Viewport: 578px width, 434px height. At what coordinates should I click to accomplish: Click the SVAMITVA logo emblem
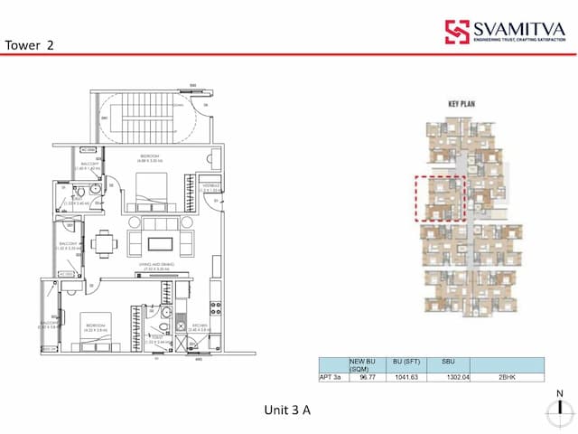(x=456, y=32)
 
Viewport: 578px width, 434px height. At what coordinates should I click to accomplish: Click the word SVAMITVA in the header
(x=517, y=30)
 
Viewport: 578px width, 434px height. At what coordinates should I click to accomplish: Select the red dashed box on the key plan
(x=438, y=197)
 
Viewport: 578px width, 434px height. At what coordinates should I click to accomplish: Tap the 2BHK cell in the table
(x=507, y=376)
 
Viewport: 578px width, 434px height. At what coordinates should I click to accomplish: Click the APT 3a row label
(x=331, y=376)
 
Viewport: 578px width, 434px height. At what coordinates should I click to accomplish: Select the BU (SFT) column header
(x=403, y=362)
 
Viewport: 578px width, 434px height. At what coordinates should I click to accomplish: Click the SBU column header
(x=448, y=362)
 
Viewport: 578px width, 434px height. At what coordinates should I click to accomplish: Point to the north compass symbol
(x=561, y=411)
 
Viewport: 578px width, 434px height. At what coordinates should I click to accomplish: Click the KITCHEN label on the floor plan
(x=201, y=328)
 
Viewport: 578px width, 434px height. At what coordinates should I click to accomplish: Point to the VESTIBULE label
(x=212, y=188)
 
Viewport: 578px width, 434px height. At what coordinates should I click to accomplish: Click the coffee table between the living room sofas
(x=160, y=242)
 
